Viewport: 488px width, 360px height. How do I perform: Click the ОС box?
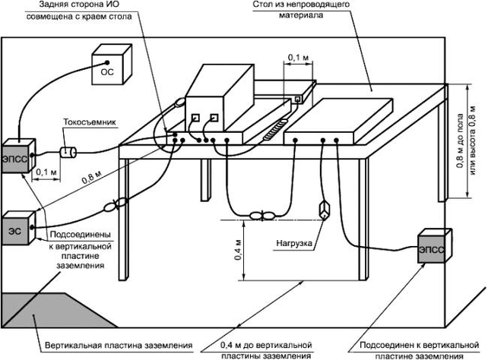pyautogui.click(x=112, y=65)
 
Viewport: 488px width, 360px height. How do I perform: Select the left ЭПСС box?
pyautogui.click(x=19, y=156)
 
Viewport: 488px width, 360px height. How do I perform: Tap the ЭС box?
pyautogui.click(x=19, y=228)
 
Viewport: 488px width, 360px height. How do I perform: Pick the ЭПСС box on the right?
pyautogui.click(x=435, y=245)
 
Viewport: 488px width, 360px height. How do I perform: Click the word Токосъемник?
pyautogui.click(x=90, y=122)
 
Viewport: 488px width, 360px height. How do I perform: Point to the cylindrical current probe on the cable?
pyautogui.click(x=68, y=153)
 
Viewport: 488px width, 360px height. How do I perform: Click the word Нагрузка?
pyautogui.click(x=294, y=243)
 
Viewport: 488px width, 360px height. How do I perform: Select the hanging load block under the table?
pyautogui.click(x=325, y=210)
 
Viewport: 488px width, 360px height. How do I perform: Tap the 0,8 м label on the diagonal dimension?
pyautogui.click(x=92, y=178)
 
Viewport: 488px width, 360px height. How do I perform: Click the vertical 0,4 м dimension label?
pyautogui.click(x=237, y=250)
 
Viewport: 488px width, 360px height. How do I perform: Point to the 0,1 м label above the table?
pyautogui.click(x=298, y=58)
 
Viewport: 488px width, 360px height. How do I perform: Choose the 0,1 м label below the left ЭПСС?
pyautogui.click(x=46, y=172)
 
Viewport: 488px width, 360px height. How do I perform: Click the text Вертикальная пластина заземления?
pyautogui.click(x=119, y=346)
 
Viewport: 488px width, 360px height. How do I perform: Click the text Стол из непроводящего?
pyautogui.click(x=301, y=5)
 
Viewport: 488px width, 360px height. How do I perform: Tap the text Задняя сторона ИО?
pyautogui.click(x=79, y=5)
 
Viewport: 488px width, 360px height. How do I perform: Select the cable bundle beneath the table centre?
pyautogui.click(x=262, y=215)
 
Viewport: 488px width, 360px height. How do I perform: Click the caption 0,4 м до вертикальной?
pyautogui.click(x=266, y=345)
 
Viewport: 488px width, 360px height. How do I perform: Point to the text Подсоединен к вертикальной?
pyautogui.click(x=420, y=345)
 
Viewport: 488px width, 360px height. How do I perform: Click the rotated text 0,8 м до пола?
pyautogui.click(x=460, y=141)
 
